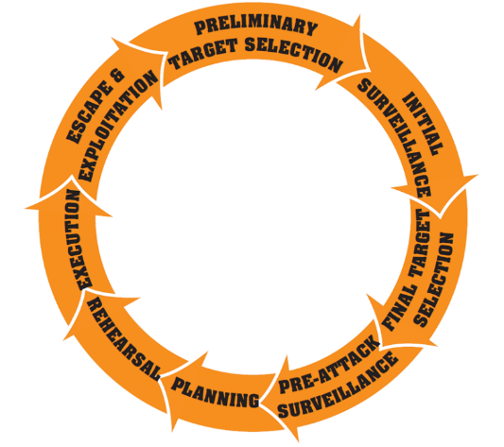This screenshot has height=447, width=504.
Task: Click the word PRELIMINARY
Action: click(256, 26)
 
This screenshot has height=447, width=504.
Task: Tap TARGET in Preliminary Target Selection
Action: click(203, 54)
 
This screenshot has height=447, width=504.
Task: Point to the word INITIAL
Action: click(423, 124)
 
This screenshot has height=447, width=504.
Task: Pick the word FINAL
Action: click(400, 308)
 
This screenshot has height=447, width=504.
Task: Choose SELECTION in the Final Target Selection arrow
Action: click(434, 280)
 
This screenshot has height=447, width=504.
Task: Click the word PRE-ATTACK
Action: click(329, 364)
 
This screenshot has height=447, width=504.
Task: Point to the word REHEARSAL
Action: click(123, 338)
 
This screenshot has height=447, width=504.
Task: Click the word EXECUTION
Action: click(79, 240)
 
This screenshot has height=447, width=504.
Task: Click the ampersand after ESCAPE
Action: click(117, 77)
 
